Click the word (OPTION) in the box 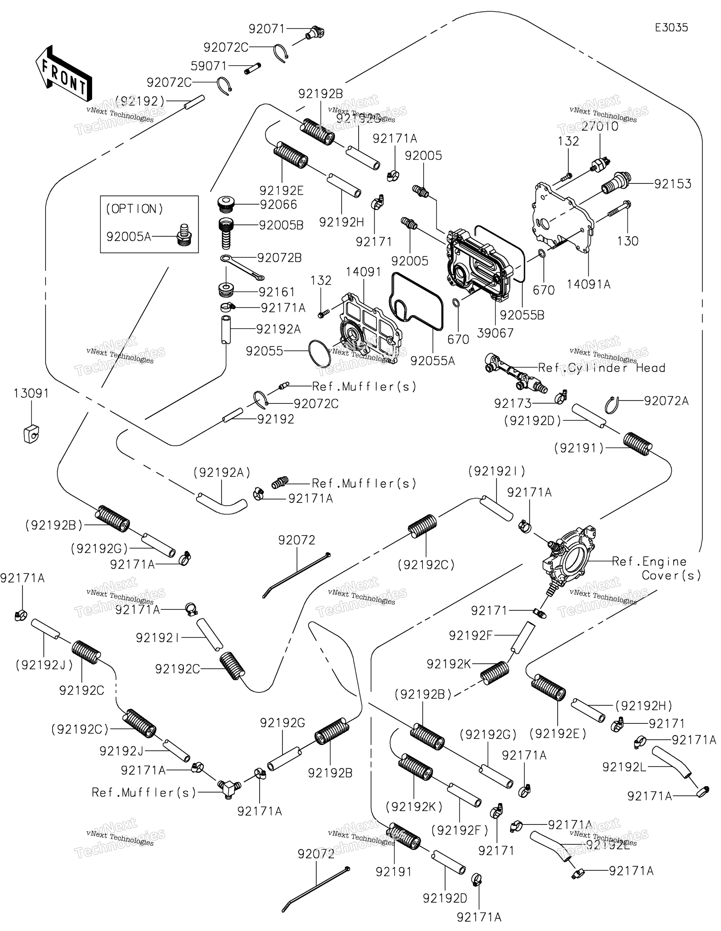134,209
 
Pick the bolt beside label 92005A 184,235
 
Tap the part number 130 628,241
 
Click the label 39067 495,333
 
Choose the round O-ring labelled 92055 319,353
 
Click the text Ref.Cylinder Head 601,368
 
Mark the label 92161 276,292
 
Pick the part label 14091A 588,284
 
